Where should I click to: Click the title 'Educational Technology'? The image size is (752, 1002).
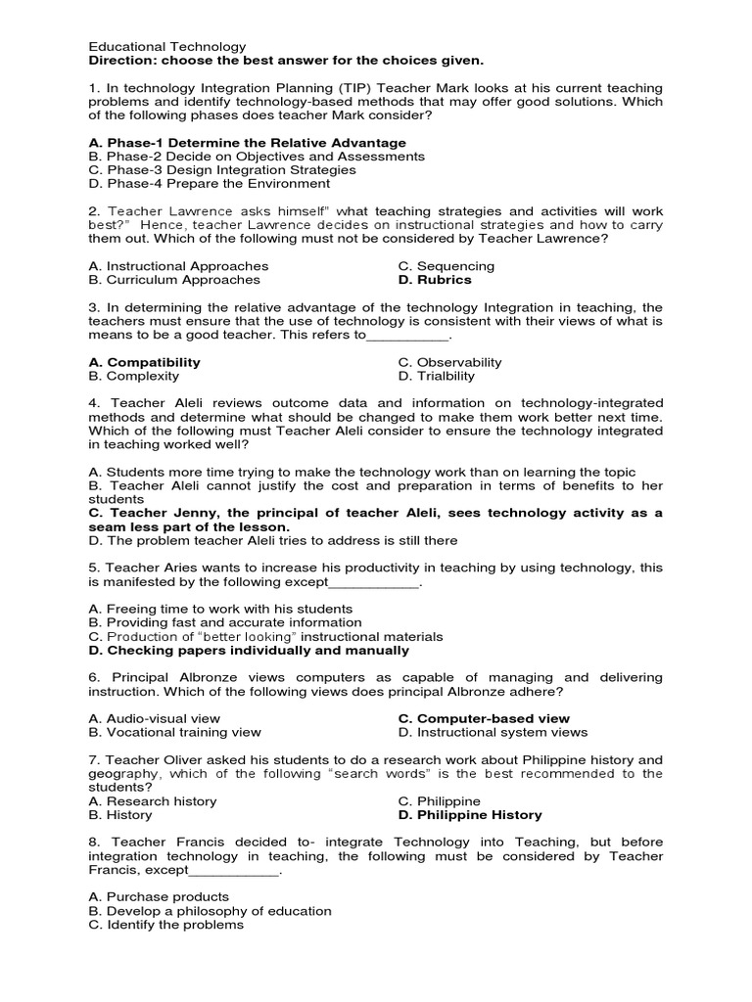(166, 46)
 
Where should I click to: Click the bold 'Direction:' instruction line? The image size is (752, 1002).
(272, 60)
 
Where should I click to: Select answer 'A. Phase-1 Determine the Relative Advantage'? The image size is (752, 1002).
(247, 142)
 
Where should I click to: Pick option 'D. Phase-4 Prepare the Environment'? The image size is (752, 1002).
(209, 183)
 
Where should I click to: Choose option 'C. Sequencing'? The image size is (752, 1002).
(446, 266)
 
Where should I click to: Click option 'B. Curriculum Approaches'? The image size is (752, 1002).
(174, 280)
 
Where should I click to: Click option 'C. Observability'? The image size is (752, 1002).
(449, 362)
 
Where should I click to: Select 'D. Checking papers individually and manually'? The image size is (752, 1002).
(249, 650)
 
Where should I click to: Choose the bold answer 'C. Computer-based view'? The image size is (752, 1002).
(484, 718)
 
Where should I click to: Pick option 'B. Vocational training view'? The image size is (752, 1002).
(174, 732)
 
